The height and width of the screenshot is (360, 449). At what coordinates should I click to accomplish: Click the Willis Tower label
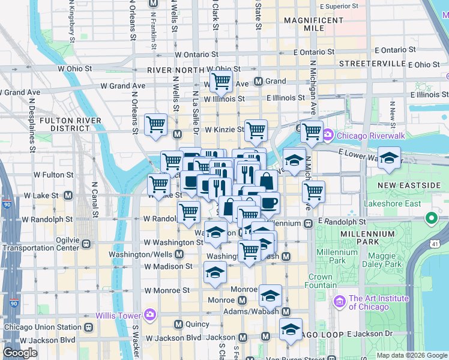118,315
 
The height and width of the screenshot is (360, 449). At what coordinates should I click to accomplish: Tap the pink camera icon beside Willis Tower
149,314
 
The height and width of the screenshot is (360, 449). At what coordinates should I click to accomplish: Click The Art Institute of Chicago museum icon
340,300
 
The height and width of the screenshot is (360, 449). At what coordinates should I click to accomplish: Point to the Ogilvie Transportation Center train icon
87,244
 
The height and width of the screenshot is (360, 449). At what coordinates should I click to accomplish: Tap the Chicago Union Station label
42,328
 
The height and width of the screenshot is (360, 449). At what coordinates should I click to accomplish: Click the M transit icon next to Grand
258,81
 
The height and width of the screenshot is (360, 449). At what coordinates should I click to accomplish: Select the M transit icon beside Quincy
178,324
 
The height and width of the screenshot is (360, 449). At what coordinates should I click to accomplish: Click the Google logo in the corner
20,353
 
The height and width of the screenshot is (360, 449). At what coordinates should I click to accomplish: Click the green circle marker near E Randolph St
430,218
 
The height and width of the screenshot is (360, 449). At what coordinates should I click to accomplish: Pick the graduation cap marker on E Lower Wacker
389,158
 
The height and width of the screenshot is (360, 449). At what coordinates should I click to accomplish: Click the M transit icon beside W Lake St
68,196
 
